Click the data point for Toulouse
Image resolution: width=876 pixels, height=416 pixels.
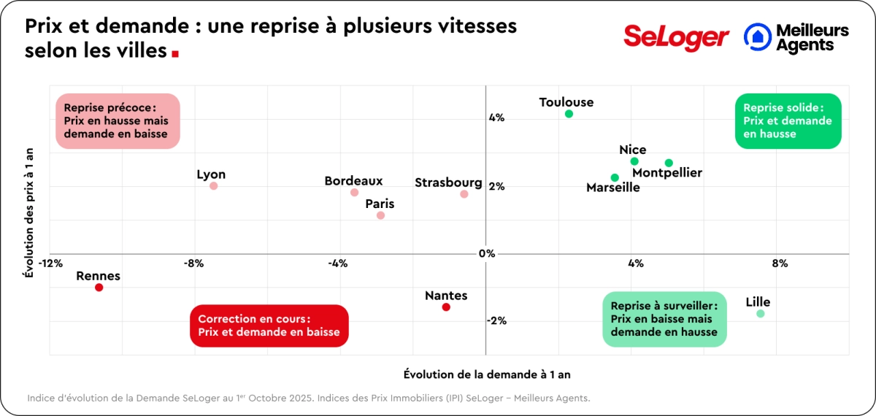point(569,114)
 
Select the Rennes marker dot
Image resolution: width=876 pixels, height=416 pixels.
point(99,288)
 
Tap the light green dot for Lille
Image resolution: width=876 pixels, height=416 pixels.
point(761,314)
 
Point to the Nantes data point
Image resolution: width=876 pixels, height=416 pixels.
point(446,307)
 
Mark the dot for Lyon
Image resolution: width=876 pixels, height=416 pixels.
point(213,186)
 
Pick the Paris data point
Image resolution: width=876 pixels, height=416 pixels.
point(380,215)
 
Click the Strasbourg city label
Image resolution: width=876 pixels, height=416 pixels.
point(448,182)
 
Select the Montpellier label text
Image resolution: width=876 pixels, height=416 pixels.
point(667,173)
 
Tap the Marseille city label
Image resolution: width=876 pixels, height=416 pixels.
point(613,188)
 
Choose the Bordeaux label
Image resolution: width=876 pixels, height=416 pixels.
point(353,181)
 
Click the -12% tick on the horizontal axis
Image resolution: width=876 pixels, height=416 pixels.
point(50,263)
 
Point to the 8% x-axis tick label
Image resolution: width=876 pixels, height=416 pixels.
point(780,263)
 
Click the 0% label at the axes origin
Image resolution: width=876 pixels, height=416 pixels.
point(487,254)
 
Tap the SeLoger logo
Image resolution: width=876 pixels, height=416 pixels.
point(676,36)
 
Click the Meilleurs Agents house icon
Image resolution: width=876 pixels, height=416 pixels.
point(758,36)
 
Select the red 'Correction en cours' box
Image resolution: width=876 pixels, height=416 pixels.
point(269,326)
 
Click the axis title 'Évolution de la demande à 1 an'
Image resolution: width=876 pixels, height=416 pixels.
point(487,374)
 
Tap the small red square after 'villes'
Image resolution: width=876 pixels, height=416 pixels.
point(175,54)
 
